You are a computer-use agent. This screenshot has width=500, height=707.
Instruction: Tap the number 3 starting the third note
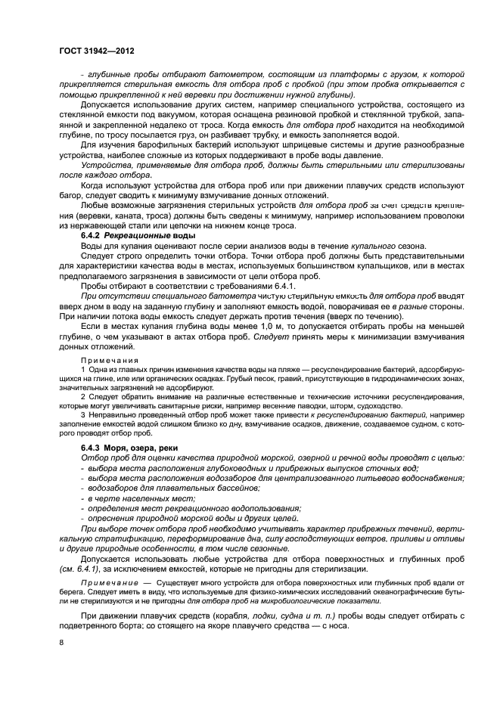point(82,414)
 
